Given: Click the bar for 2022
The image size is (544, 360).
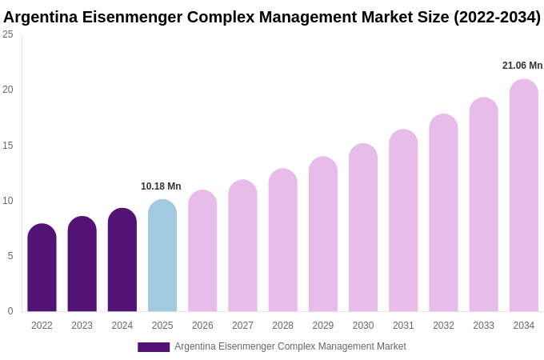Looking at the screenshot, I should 42,268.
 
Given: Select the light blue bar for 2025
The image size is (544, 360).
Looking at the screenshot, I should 162,256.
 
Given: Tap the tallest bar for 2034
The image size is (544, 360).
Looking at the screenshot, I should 524,196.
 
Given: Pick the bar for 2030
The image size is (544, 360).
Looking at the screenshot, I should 363,228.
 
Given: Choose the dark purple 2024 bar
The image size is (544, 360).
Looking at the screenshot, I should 122,260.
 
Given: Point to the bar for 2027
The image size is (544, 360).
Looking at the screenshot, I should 242,246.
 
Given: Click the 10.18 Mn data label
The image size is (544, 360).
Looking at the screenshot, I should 161,186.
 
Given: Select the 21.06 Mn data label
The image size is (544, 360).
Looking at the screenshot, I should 522,66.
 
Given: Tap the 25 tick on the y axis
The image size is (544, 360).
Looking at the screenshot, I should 8,34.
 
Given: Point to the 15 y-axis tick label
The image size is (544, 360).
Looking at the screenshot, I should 8,146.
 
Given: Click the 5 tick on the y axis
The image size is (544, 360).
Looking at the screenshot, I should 10,256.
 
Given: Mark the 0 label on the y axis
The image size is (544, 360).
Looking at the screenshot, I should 10,311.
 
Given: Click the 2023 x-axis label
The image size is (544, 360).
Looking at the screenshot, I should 82,326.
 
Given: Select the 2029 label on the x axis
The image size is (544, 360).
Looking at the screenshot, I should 323,326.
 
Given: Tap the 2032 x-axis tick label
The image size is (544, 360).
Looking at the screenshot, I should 443,326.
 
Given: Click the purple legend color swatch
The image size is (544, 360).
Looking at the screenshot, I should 154,347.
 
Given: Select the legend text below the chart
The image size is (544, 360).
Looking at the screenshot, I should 290,346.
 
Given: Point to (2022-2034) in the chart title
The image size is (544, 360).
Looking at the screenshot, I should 497,17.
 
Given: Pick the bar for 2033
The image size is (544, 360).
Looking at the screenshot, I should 483,205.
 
